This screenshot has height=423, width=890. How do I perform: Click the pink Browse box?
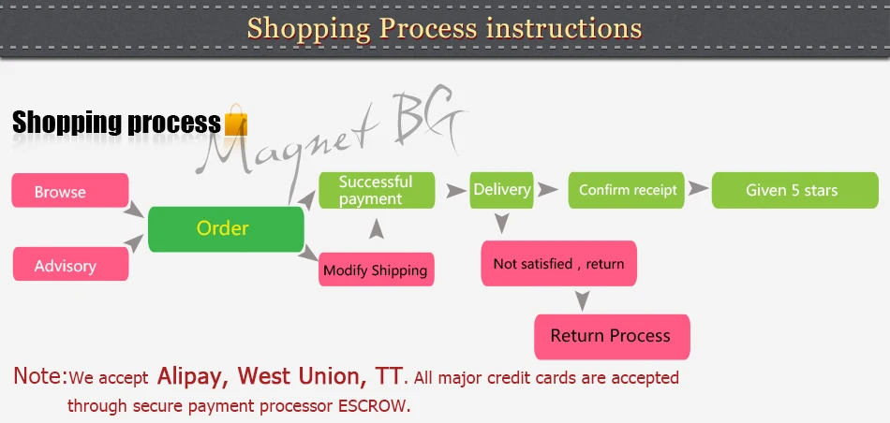coord(70,191)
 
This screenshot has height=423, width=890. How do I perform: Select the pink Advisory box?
coord(70,265)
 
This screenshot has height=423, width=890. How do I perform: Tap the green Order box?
coord(226,228)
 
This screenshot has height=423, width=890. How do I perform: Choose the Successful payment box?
coord(377,190)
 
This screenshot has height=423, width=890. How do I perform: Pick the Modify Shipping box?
coord(376,270)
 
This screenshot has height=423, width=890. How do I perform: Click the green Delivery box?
coord(502,189)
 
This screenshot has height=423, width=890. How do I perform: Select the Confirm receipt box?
coord(628,190)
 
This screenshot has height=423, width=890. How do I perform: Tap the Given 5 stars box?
coord(792,190)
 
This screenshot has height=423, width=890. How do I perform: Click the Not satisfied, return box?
coord(558,264)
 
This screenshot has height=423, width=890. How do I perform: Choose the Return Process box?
coord(611,336)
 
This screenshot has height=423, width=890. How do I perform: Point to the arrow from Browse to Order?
coord(137,208)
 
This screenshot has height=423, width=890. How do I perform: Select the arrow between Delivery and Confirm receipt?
coord(550,189)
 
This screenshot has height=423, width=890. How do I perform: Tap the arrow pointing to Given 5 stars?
coord(698,189)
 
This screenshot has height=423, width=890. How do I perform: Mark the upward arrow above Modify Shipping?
coord(376,228)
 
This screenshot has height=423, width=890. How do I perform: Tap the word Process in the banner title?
coord(427,28)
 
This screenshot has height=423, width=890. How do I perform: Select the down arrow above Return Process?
coord(583,301)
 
